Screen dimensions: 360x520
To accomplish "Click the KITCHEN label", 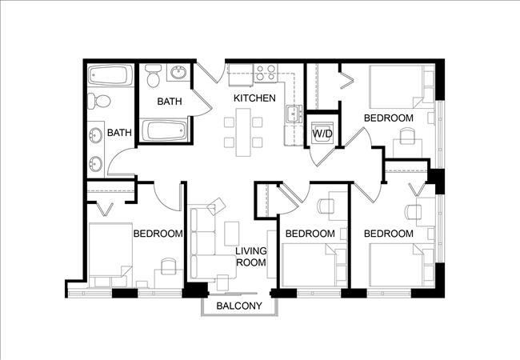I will click(x=254, y=98).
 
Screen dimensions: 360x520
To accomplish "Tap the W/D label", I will click(x=322, y=132).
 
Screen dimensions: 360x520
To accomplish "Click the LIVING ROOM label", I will click(x=250, y=257).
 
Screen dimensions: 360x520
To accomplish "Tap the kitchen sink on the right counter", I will click(x=294, y=113).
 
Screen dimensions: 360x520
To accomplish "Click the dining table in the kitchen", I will click(x=242, y=133).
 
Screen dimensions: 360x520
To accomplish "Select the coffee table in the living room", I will click(x=231, y=233).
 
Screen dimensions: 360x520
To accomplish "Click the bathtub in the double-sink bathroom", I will click(x=108, y=77).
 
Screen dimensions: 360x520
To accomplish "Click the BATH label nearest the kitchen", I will click(x=169, y=102).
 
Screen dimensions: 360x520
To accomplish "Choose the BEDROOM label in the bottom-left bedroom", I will click(x=158, y=234).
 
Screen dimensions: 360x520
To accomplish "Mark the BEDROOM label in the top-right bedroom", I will click(x=388, y=118).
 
